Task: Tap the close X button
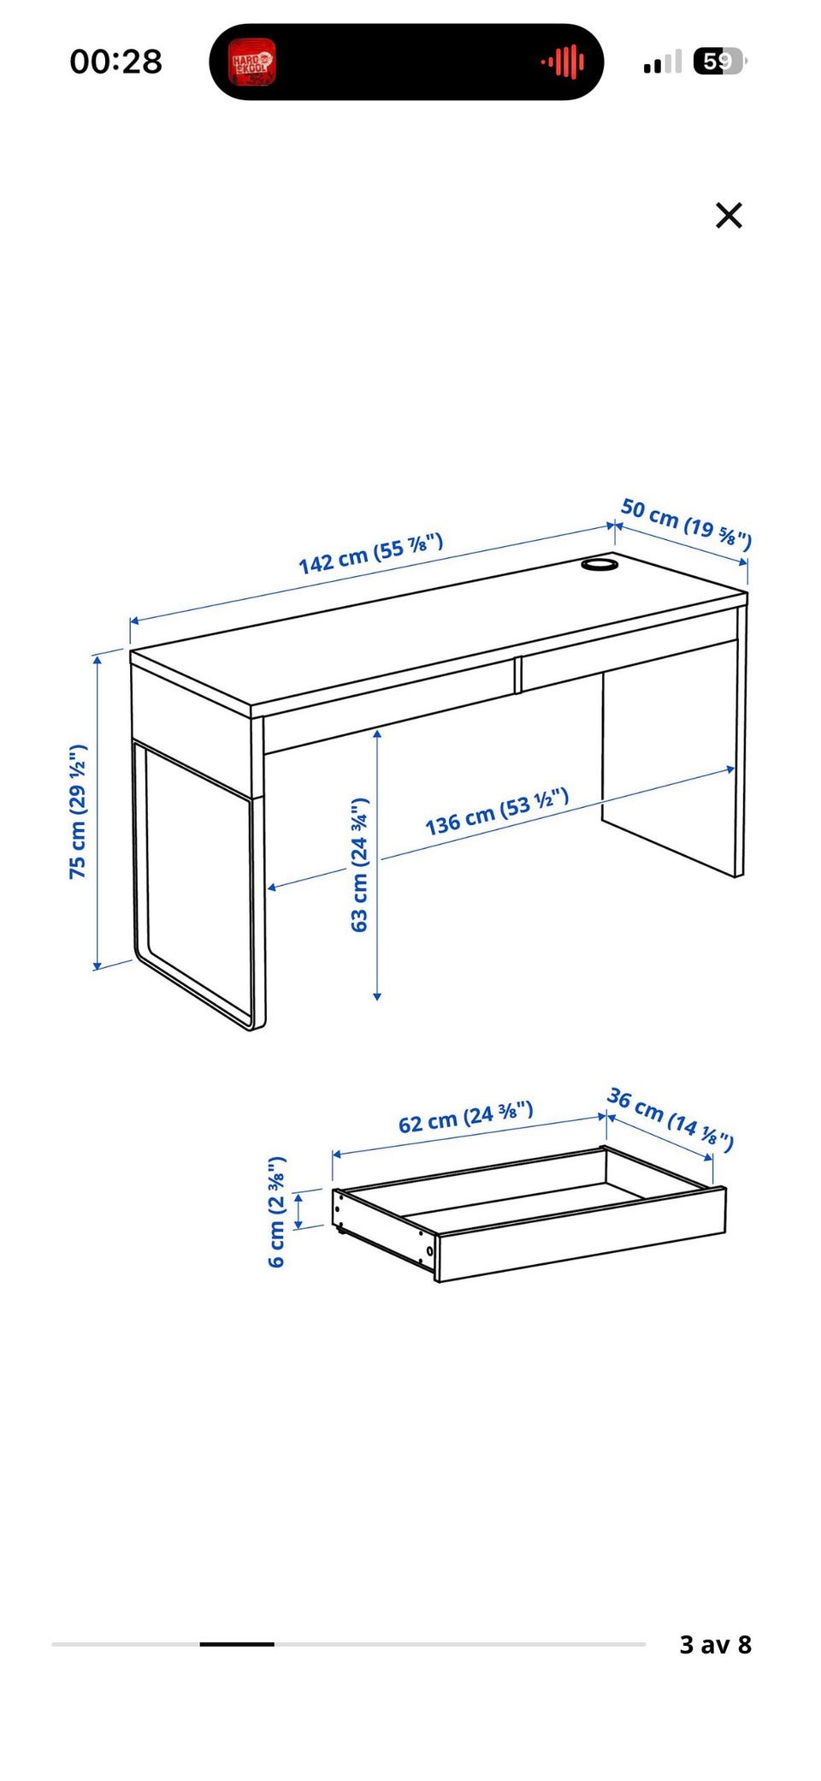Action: pos(729,216)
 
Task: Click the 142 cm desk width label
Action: pos(370,553)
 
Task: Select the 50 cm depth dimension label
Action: pos(686,523)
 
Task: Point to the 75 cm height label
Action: pos(78,811)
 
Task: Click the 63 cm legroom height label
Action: pos(359,864)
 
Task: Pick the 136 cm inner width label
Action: pos(497,811)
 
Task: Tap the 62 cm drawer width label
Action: pos(466,1117)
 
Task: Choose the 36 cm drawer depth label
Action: pos(670,1119)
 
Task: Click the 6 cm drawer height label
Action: pos(276,1212)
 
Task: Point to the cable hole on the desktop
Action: pos(600,565)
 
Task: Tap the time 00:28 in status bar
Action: pos(116,62)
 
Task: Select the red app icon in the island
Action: pos(252,62)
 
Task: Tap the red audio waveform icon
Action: pos(563,62)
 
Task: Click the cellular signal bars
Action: pos(663,62)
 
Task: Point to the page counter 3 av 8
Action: pos(715,1644)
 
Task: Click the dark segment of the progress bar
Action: pos(237,1644)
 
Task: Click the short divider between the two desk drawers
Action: pos(518,675)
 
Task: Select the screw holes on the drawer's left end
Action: pos(340,1213)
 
